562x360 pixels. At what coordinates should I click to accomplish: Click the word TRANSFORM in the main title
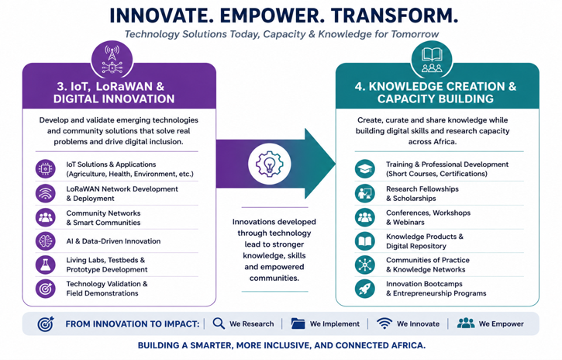click(395, 16)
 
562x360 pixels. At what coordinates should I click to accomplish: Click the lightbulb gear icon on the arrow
click(270, 164)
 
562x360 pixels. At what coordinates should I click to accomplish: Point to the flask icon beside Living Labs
click(46, 265)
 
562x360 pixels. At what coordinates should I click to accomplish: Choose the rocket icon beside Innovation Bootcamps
click(365, 289)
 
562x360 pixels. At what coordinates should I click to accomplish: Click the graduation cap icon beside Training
click(365, 169)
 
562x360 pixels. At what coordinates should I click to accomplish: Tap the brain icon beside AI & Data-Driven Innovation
click(46, 241)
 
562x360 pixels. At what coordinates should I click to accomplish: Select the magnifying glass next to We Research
click(219, 324)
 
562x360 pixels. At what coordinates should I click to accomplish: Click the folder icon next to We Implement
click(298, 324)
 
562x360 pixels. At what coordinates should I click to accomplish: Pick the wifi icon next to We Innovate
click(384, 324)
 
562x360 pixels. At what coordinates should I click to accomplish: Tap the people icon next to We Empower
click(466, 324)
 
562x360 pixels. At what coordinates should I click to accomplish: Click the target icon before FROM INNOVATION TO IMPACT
click(46, 324)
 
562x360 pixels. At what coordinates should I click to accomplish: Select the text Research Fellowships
click(422, 189)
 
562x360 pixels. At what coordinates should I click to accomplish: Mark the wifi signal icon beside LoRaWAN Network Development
click(46, 193)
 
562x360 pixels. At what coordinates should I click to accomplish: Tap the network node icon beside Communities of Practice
click(365, 265)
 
